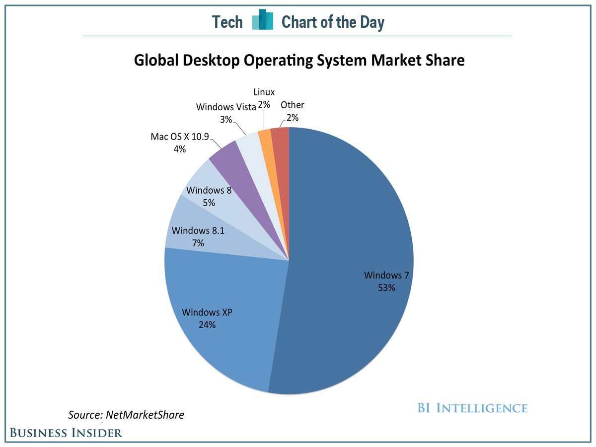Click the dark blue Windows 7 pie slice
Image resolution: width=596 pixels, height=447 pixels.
348,223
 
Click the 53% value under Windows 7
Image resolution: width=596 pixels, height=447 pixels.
386,287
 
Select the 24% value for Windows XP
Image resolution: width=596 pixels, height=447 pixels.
207,325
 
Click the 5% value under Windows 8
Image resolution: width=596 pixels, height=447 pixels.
209,203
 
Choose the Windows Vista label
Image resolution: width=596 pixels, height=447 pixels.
225,107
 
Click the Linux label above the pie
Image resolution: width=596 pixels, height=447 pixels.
264,92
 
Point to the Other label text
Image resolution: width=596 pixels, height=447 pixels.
292,105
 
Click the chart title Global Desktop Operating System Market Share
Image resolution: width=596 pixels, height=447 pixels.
299,61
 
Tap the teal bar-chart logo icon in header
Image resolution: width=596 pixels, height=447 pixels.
262,20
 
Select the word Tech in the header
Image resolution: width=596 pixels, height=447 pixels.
227,22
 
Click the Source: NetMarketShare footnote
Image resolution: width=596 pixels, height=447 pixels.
126,415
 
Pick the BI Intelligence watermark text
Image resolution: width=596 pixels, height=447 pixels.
472,408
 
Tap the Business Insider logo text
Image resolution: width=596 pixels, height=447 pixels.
66,433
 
